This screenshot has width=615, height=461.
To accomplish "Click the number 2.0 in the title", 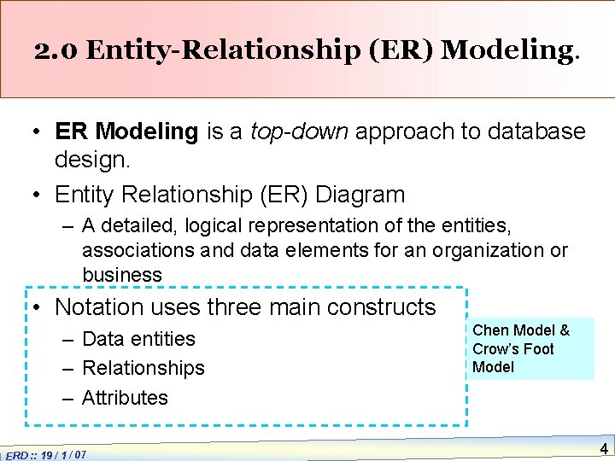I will pos(57,50).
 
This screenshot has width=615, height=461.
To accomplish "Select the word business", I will pos(122,275).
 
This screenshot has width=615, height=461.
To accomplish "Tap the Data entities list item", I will pos(138,339).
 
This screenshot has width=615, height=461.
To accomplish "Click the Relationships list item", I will pos(143,368).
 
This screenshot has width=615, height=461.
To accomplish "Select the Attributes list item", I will pos(125,397).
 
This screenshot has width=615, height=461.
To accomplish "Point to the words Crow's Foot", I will pos(512,349).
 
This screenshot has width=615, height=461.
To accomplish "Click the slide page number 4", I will pos(603,448).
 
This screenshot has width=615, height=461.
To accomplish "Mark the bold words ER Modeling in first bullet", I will pos(126,131).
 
